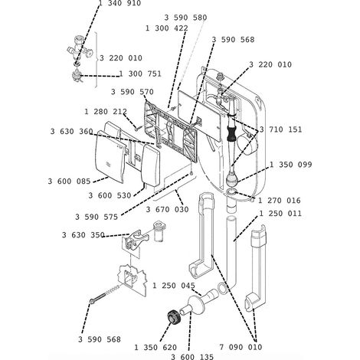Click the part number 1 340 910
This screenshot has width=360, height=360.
point(119,3)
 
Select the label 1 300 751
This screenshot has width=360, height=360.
point(140,74)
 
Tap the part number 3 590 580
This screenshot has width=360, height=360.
point(185,18)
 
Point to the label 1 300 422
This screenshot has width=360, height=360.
point(167,28)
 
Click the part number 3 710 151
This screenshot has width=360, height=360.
point(280,129)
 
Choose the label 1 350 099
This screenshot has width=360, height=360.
point(291,165)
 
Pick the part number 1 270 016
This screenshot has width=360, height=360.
point(280,201)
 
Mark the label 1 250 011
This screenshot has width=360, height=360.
point(280,213)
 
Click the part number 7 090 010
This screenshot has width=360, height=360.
point(241,347)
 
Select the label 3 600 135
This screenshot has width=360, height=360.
point(192,357)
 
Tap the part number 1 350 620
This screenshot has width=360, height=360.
point(155,347)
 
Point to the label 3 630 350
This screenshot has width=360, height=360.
point(83,234)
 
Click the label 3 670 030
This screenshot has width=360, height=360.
point(167,209)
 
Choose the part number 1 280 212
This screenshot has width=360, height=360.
point(106,112)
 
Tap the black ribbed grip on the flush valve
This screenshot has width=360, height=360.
point(232,133)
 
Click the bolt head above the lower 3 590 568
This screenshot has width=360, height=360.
point(92,301)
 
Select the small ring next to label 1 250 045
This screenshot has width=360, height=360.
point(222,288)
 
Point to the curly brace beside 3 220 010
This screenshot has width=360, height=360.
point(97,60)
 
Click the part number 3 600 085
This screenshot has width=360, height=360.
point(70,182)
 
